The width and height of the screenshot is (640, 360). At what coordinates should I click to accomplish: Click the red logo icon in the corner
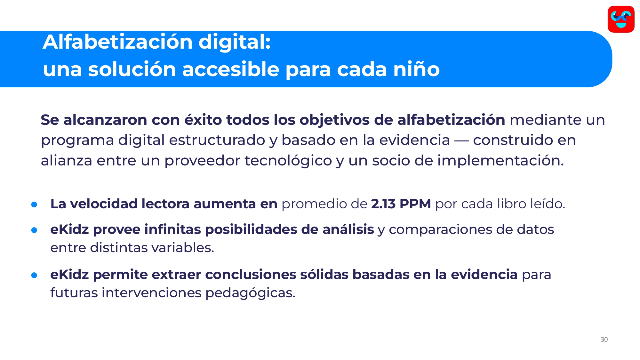(x=621, y=19)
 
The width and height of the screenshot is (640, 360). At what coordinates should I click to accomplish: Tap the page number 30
(x=604, y=340)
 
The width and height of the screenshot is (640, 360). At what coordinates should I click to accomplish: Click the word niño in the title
(x=416, y=69)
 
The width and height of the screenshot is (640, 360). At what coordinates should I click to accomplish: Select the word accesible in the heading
(x=231, y=69)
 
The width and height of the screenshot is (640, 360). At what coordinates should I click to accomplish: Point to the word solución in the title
(x=132, y=69)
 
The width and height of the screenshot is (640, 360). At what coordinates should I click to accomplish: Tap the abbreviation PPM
(x=415, y=204)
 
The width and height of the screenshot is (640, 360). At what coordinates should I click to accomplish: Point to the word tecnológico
(x=288, y=161)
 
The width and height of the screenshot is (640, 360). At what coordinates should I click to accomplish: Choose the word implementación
(x=500, y=161)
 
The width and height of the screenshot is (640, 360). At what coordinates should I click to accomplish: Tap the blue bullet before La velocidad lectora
(x=34, y=204)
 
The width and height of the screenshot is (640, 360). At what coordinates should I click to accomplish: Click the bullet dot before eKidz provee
(x=34, y=230)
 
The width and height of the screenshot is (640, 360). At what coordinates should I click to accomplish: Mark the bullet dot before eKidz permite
(x=34, y=275)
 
